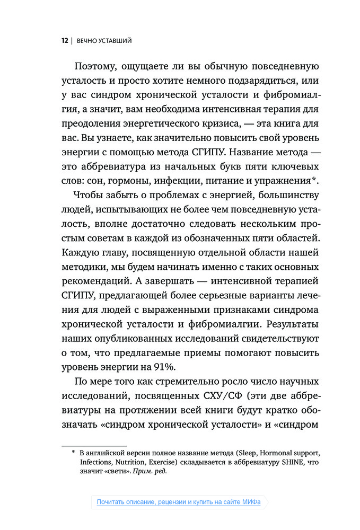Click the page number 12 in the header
(x=64, y=40)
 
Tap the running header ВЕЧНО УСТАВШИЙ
(x=104, y=40)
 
